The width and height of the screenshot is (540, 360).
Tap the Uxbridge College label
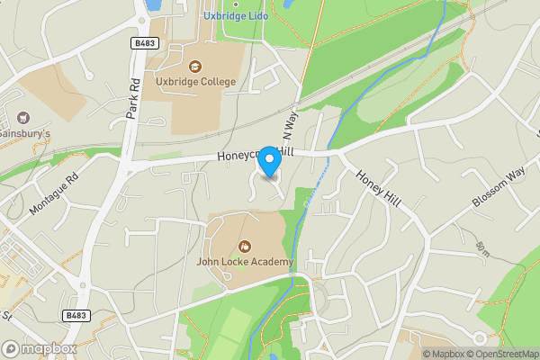tap(194, 82)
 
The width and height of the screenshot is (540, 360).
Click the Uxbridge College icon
tap(194, 66)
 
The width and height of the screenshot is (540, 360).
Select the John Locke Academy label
tap(245, 262)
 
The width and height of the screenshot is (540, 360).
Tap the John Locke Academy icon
tap(244, 246)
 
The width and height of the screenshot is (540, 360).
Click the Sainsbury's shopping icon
tap(23, 117)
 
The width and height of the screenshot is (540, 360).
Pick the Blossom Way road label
tap(498, 187)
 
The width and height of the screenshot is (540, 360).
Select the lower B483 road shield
tap(76, 315)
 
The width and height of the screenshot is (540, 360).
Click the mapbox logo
tap(39, 348)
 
